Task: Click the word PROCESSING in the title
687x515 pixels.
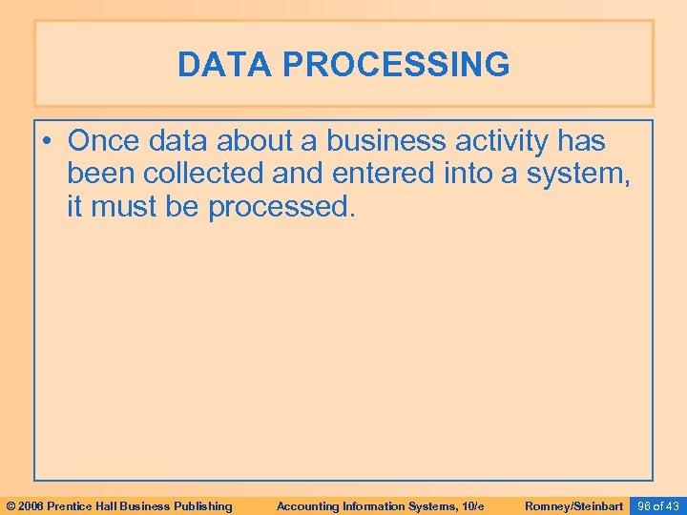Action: [x=396, y=65]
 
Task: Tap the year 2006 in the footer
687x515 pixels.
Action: [x=31, y=505]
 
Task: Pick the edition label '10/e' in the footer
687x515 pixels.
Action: [x=471, y=505]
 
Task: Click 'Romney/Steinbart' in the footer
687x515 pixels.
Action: [x=573, y=505]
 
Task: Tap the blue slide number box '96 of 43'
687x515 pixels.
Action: [x=657, y=505]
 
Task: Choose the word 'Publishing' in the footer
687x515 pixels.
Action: [x=203, y=505]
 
